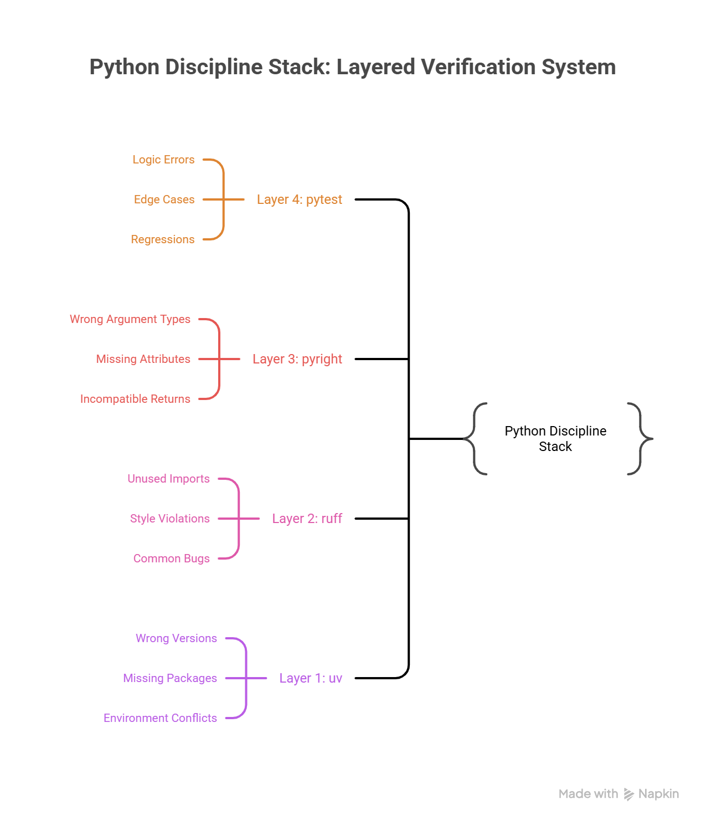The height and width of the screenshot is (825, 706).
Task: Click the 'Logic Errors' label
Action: click(163, 160)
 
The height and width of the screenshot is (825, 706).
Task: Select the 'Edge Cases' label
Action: click(164, 199)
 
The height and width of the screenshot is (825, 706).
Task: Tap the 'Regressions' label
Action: click(163, 239)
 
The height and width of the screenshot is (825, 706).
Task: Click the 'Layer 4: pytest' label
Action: click(299, 199)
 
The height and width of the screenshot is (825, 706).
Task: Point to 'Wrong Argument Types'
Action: click(130, 319)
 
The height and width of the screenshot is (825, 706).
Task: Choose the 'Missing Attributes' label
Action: click(143, 359)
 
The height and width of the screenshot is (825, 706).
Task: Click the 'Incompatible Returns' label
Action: click(135, 399)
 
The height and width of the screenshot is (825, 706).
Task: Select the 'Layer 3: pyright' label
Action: click(297, 359)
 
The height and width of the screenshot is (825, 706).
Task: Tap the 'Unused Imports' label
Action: click(169, 479)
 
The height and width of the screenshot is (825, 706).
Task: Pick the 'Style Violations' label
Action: click(170, 519)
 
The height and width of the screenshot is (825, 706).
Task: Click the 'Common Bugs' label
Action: click(172, 558)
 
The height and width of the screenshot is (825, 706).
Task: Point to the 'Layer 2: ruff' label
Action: click(307, 519)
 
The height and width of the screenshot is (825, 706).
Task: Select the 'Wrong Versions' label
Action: click(176, 638)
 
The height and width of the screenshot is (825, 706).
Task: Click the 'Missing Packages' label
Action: click(170, 678)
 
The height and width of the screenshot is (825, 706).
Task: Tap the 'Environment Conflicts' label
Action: click(160, 718)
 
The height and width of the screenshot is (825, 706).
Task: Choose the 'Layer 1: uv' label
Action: click(311, 678)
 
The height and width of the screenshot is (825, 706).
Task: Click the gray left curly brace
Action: click(475, 439)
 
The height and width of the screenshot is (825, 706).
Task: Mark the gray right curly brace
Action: click(641, 439)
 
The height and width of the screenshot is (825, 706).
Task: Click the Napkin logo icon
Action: click(628, 795)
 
